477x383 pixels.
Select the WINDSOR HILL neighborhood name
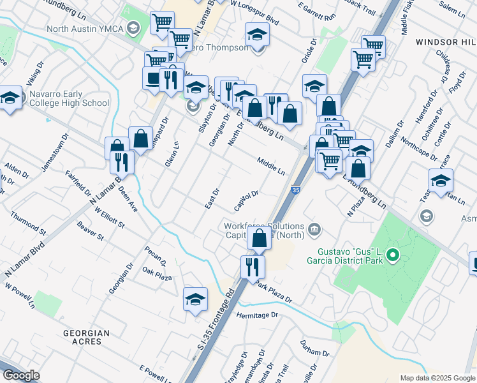445,41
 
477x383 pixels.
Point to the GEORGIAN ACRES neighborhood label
86,337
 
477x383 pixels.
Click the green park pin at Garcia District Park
393,257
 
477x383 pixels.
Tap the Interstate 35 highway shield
295,190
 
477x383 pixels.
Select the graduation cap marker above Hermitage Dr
195,298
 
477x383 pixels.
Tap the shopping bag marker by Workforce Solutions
259,239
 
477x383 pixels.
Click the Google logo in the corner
22,375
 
